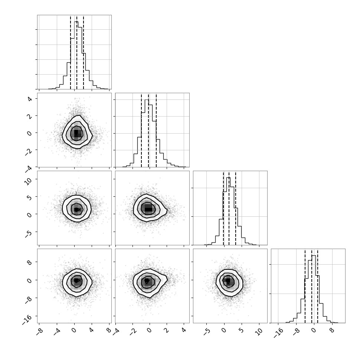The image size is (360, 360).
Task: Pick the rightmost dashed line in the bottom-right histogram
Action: pyautogui.click(x=318, y=286)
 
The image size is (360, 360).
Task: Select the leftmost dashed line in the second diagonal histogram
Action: pyautogui.click(x=141, y=130)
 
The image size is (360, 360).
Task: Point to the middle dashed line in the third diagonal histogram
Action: pyautogui.click(x=229, y=209)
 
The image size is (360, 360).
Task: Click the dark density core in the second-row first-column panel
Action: pyautogui.click(x=76, y=133)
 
